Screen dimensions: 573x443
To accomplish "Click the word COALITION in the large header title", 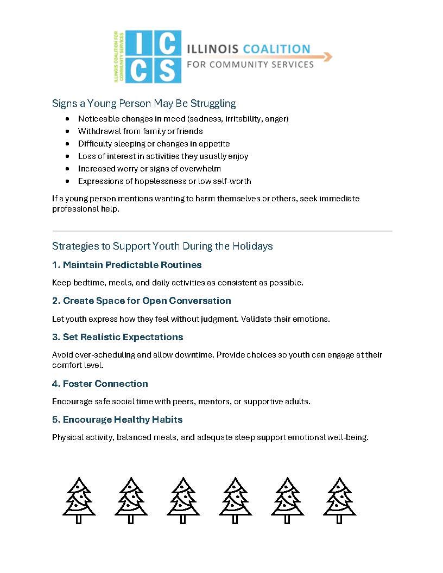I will [277, 49].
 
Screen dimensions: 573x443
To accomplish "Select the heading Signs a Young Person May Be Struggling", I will [144, 103].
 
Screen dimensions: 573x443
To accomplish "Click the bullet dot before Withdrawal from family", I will [67, 131].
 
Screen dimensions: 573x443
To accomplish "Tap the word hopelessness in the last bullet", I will [149, 181].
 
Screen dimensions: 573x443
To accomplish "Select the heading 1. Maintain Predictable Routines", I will [127, 265].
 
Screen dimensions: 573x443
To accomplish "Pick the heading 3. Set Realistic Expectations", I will [118, 337].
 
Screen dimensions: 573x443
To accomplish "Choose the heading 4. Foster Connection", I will [100, 384].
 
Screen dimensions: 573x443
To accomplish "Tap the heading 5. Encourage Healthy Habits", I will [117, 419].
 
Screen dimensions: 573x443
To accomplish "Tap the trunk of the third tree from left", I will [182, 519].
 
